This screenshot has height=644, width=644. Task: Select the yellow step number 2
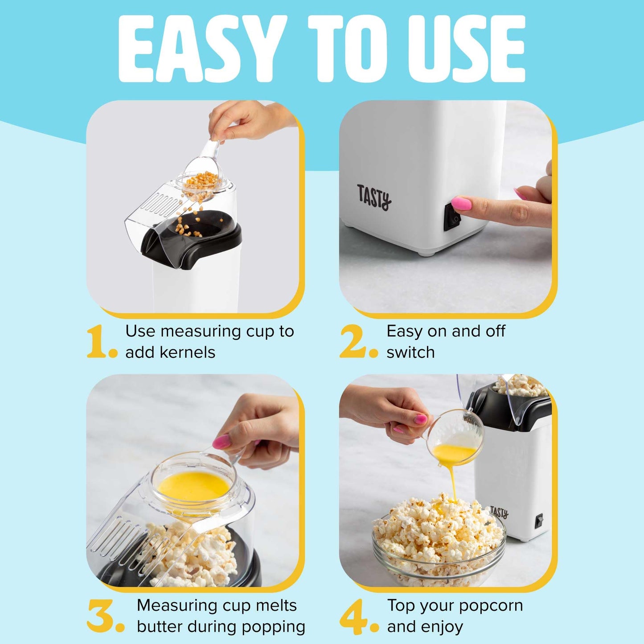click(353, 341)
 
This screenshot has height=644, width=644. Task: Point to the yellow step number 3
click(102, 616)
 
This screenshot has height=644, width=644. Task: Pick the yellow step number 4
click(353, 616)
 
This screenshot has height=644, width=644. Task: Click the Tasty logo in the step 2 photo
click(374, 197)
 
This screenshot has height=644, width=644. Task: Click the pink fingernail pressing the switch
click(461, 204)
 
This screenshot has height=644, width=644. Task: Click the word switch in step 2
click(410, 353)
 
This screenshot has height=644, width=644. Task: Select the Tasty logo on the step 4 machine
click(499, 512)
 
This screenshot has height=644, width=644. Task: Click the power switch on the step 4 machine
click(539, 520)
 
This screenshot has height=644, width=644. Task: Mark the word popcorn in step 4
click(491, 606)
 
